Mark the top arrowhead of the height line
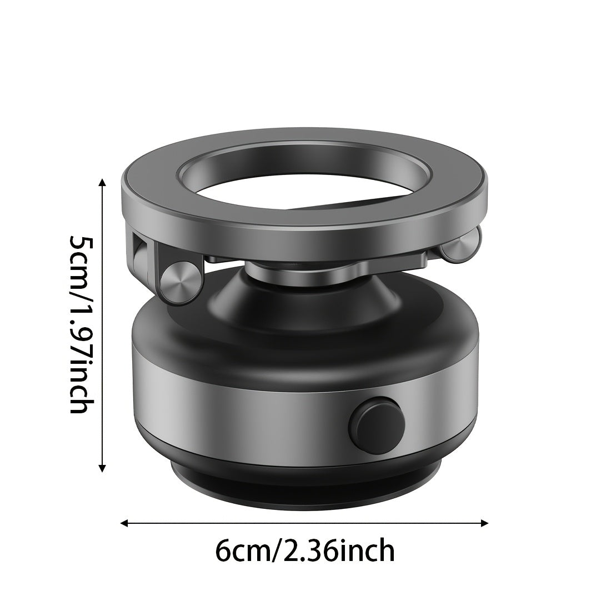pyautogui.click(x=102, y=183)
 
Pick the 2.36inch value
pyautogui.click(x=339, y=551)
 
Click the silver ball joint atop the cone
pyautogui.click(x=289, y=270)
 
